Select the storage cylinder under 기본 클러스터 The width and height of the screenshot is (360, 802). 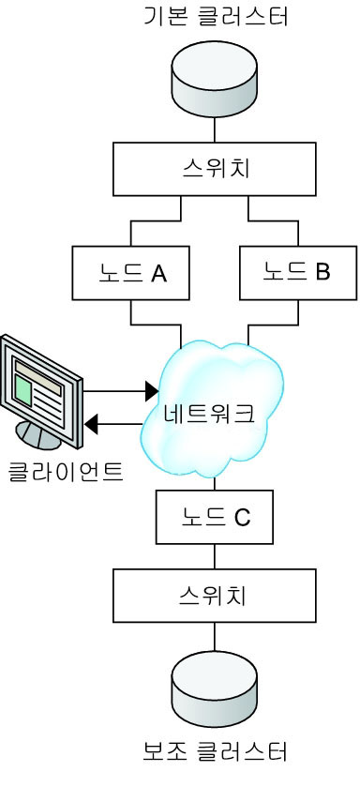[x=215, y=81]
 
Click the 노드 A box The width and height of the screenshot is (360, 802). [x=131, y=273]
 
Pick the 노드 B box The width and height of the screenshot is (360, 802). [x=297, y=273]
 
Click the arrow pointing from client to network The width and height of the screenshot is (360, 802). [x=120, y=389]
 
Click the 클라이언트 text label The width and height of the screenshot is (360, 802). [x=66, y=469]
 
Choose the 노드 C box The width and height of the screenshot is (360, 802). [x=215, y=517]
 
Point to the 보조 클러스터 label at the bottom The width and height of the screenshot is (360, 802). [x=215, y=751]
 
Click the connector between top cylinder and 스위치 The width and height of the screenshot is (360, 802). [x=215, y=128]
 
